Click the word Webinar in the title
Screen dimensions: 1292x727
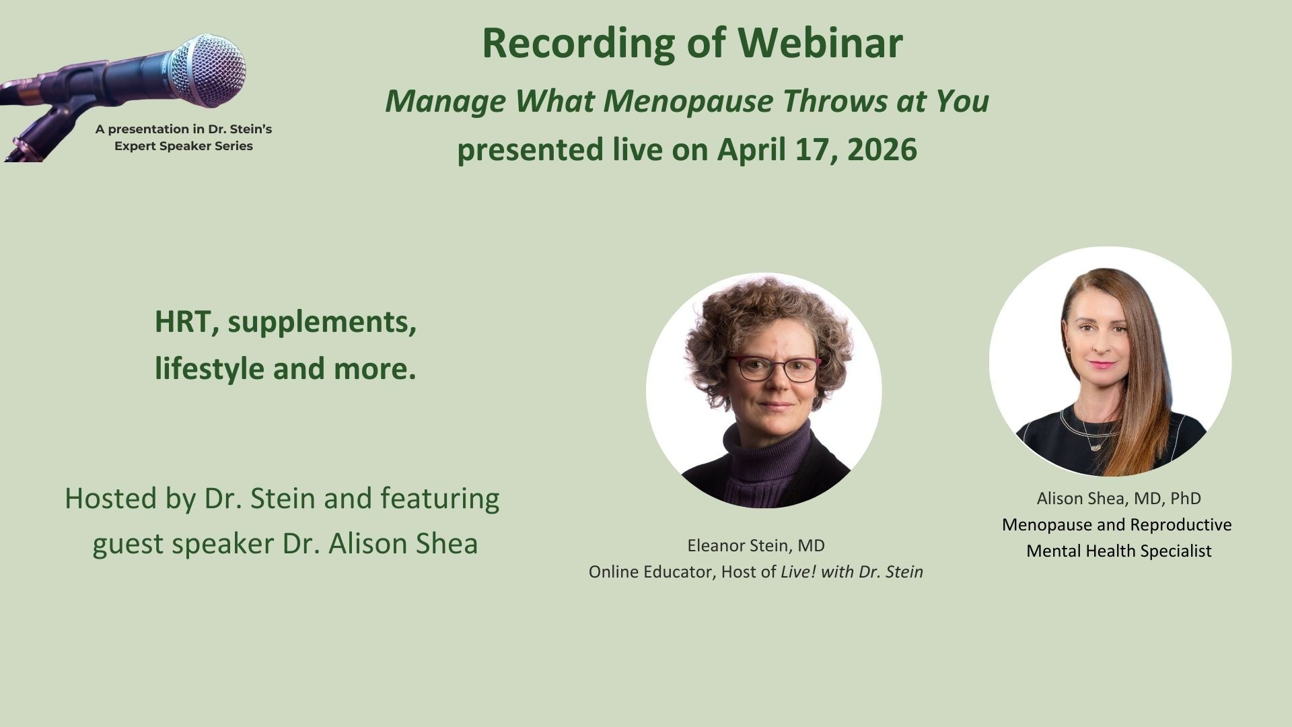coord(820,42)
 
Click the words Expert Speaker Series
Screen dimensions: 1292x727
coord(184,146)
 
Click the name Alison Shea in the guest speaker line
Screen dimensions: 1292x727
coord(403,544)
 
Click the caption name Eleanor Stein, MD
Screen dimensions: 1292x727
coord(756,545)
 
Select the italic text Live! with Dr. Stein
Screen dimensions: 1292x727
coord(852,572)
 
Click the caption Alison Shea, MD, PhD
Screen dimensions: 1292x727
coord(1118,498)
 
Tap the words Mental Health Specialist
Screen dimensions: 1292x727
coord(1118,551)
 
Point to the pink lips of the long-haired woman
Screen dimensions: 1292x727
coord(1102,364)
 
